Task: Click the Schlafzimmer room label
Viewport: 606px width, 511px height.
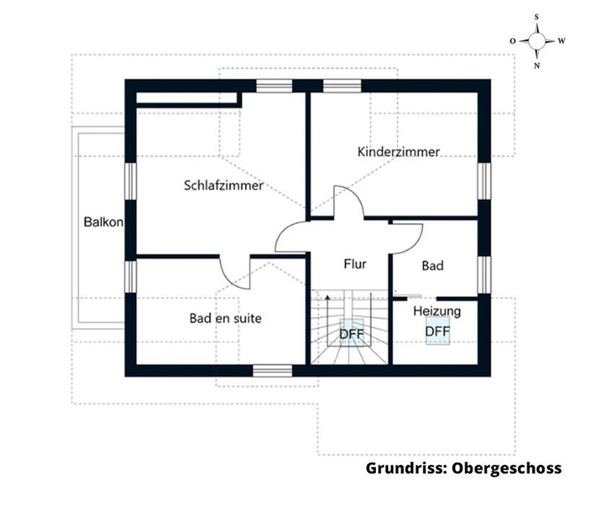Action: point(223,185)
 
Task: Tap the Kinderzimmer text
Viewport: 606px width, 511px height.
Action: point(398,152)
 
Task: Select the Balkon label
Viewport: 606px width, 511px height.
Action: point(103,221)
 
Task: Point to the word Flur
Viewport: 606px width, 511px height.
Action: point(355,264)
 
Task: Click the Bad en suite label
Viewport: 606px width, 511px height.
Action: point(225,318)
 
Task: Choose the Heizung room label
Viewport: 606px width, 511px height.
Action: point(437,311)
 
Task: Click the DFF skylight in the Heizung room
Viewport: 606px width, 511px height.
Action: point(437,332)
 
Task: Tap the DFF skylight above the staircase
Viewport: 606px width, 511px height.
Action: point(352,334)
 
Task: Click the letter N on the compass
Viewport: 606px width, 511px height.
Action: point(536,66)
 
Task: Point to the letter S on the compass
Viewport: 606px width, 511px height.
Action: point(536,17)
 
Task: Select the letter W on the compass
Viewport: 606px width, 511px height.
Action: point(561,41)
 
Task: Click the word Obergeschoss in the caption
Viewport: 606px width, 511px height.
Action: point(506,468)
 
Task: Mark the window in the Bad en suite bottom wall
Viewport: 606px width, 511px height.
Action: point(272,370)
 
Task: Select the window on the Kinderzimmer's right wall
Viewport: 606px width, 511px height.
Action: point(484,181)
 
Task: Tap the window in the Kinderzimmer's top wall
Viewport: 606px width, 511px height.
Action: point(342,86)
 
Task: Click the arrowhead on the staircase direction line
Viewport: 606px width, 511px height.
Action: point(327,297)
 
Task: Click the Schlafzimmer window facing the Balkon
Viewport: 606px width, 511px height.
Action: point(131,181)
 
